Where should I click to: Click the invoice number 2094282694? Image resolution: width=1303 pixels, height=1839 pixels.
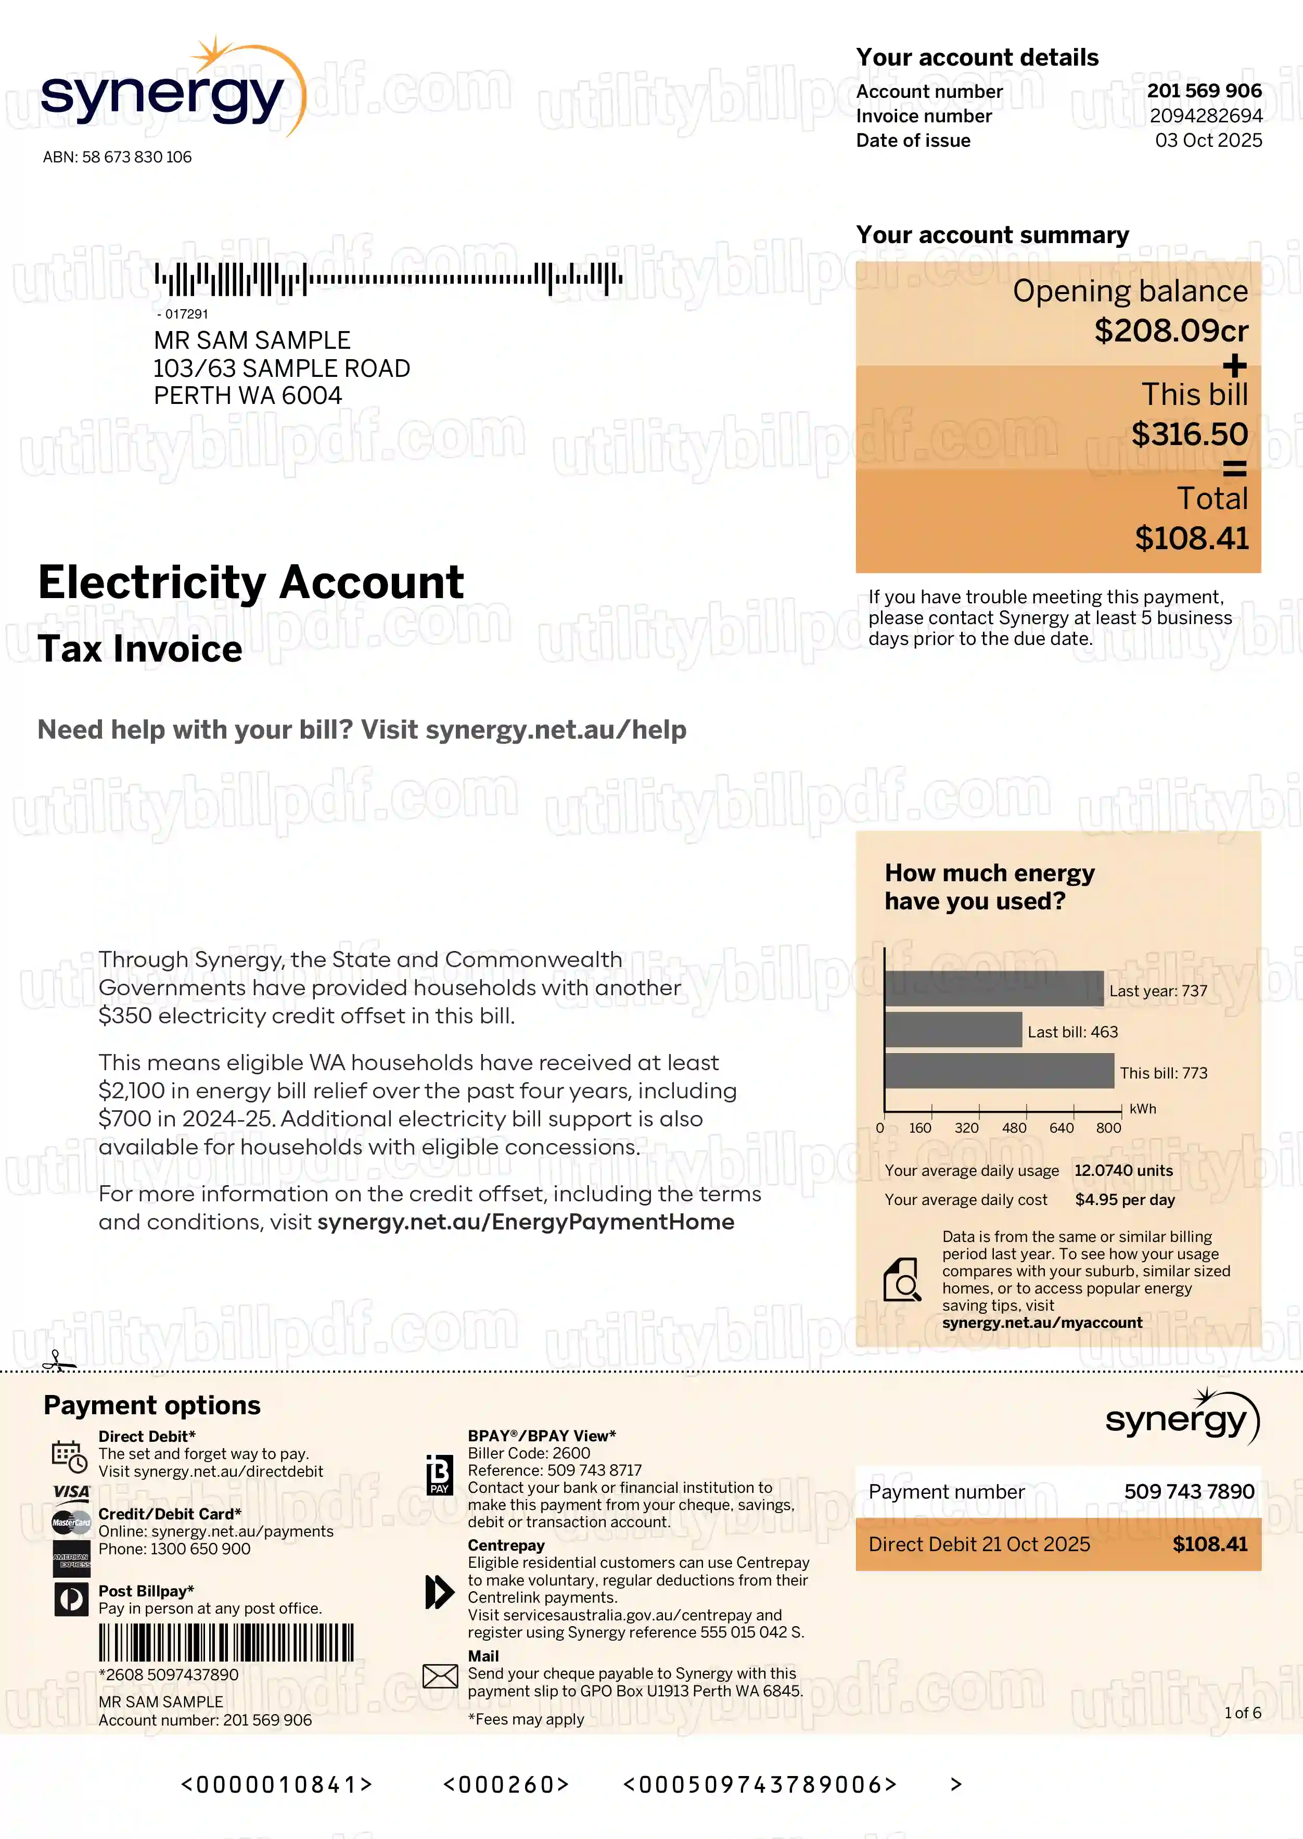[x=1205, y=117]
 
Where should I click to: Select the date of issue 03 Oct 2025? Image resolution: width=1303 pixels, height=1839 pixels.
[x=1208, y=141]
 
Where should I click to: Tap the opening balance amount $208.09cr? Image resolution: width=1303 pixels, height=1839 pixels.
[x=1171, y=331]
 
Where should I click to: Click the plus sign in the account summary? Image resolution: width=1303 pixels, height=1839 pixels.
[x=1234, y=366]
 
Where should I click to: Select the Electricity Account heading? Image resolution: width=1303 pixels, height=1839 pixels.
[x=251, y=582]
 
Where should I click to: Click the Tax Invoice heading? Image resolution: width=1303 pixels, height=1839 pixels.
[x=140, y=648]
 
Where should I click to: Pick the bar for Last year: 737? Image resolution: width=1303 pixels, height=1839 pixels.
[x=994, y=988]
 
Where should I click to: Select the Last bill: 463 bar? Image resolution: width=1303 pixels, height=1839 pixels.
[x=953, y=1030]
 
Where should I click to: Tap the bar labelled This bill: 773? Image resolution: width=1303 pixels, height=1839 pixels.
[x=999, y=1071]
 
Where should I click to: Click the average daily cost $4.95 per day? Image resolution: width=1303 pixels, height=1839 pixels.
[x=1124, y=1199]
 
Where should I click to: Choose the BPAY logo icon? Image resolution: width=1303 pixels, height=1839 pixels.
[x=439, y=1475]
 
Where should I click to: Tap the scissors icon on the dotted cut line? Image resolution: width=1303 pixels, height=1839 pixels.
[x=58, y=1361]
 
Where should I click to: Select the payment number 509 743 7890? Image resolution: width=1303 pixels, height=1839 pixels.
[x=1189, y=1492]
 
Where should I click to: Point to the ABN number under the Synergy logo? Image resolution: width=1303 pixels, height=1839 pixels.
[x=117, y=157]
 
